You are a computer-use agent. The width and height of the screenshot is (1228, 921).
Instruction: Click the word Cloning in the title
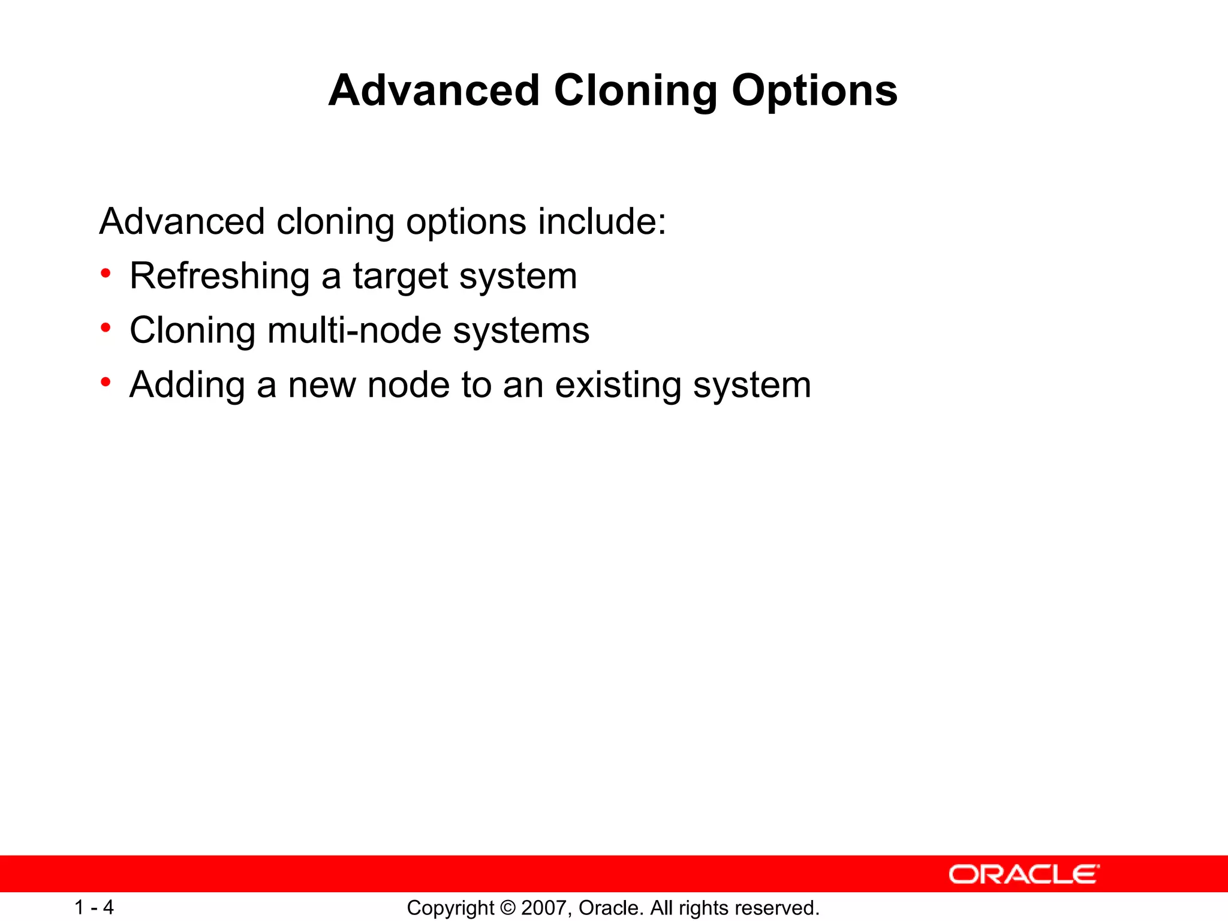coord(635,91)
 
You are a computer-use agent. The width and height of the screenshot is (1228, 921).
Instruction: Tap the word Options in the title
coord(814,91)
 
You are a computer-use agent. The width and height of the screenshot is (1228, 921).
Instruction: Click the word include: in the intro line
coord(601,222)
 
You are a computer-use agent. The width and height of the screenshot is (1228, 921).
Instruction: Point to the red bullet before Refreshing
coord(106,274)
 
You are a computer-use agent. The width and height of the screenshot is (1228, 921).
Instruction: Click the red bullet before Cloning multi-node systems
coord(106,328)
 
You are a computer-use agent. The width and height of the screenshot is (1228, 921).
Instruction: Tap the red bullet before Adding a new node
coord(106,382)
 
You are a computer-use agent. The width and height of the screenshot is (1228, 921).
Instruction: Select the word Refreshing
coord(219,276)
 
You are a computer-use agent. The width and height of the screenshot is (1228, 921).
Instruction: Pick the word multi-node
coord(354,330)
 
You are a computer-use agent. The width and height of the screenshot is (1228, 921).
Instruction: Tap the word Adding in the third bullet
coord(187,386)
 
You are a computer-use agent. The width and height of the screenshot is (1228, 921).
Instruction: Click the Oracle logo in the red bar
coord(1024,874)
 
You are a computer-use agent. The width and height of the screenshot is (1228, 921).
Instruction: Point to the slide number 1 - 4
coord(94,907)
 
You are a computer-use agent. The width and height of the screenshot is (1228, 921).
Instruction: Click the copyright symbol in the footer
coord(507,908)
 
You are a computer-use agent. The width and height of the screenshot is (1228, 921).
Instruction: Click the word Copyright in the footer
coord(450,908)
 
